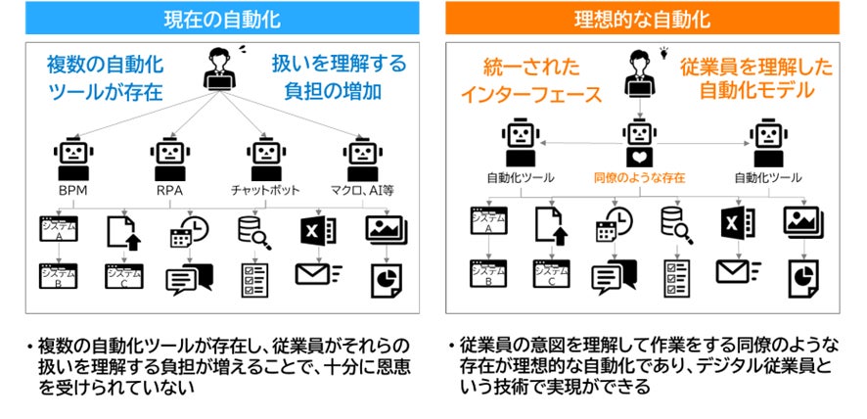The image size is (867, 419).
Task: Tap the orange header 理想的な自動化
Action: coord(642,18)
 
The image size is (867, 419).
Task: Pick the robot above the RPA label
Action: coord(168,156)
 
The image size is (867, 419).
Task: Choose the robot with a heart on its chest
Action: coord(639,147)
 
